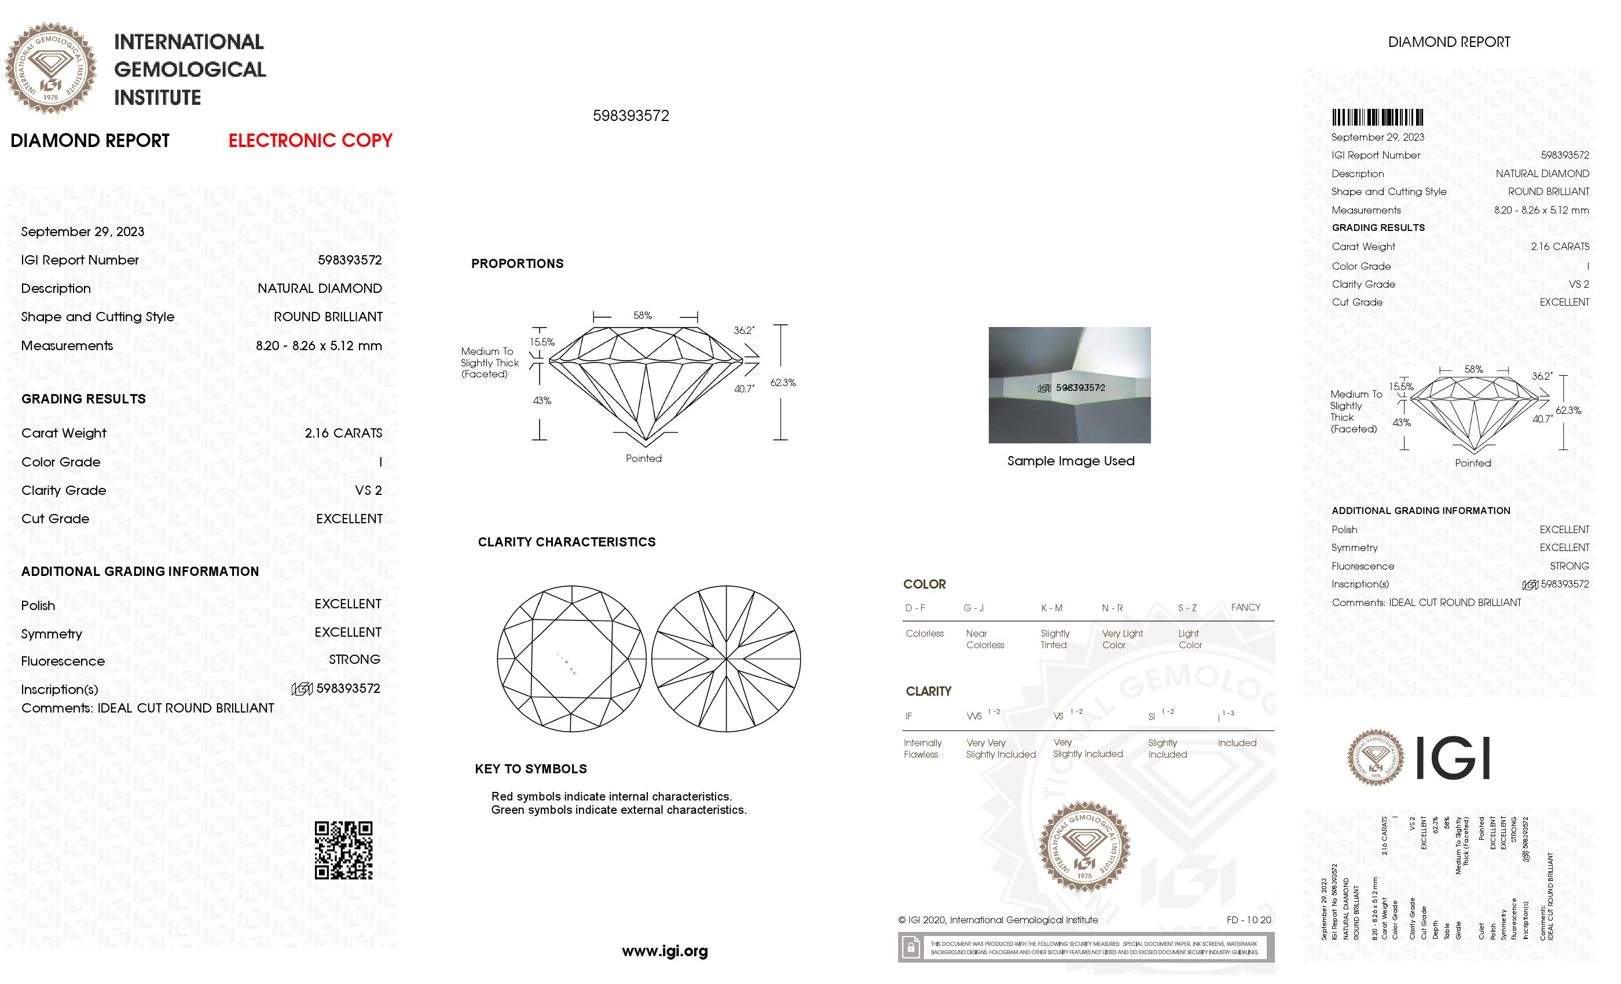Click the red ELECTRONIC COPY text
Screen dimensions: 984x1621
(x=310, y=140)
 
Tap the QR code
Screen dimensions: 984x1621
(x=343, y=850)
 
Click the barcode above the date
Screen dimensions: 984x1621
(x=1377, y=118)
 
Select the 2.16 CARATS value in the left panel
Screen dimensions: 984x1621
(x=343, y=433)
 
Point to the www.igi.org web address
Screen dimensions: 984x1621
(x=665, y=950)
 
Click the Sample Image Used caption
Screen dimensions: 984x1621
(x=1070, y=461)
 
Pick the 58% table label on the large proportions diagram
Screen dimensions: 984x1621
(x=643, y=315)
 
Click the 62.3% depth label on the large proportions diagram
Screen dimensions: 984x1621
(x=783, y=382)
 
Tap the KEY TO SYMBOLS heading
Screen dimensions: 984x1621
(x=531, y=768)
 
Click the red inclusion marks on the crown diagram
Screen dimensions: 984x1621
(x=567, y=665)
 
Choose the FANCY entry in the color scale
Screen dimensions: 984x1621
(x=1245, y=607)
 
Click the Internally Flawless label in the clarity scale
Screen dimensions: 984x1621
(x=922, y=748)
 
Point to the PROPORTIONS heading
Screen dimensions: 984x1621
(x=517, y=264)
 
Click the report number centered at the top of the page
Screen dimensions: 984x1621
(x=630, y=116)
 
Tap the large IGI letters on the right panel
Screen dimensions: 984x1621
(x=1452, y=758)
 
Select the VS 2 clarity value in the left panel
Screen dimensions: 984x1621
(x=368, y=490)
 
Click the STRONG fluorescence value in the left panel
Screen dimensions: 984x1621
(x=354, y=659)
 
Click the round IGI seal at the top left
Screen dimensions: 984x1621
(x=51, y=68)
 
